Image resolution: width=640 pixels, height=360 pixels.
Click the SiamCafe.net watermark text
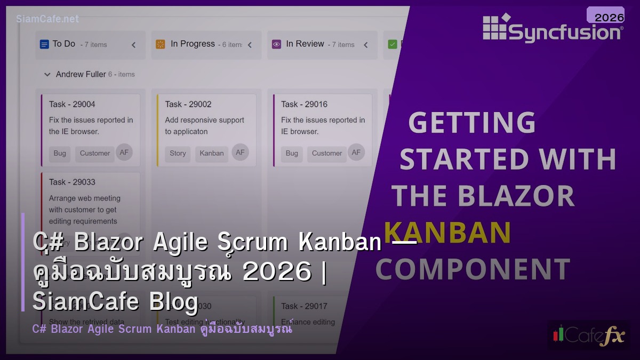47,19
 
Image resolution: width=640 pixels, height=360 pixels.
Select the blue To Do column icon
44,44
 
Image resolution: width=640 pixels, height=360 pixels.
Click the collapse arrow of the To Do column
133,45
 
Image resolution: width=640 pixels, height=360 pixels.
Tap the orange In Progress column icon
161,44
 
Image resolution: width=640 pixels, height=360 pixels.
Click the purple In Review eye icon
276,44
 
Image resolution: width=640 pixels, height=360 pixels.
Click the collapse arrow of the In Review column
365,45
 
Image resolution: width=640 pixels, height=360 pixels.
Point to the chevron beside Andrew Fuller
47,75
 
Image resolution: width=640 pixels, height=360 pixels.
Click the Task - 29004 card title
72,104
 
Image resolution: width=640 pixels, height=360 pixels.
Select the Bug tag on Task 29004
60,153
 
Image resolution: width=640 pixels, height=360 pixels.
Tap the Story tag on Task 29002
178,153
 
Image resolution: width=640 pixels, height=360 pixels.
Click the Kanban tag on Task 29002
212,153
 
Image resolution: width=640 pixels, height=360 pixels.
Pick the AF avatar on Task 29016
356,153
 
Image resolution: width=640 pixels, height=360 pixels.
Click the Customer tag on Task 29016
327,153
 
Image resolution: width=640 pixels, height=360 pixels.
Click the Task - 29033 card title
72,182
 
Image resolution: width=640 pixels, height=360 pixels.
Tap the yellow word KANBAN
447,233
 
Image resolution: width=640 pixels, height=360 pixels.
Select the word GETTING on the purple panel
471,123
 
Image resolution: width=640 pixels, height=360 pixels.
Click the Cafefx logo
588,335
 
